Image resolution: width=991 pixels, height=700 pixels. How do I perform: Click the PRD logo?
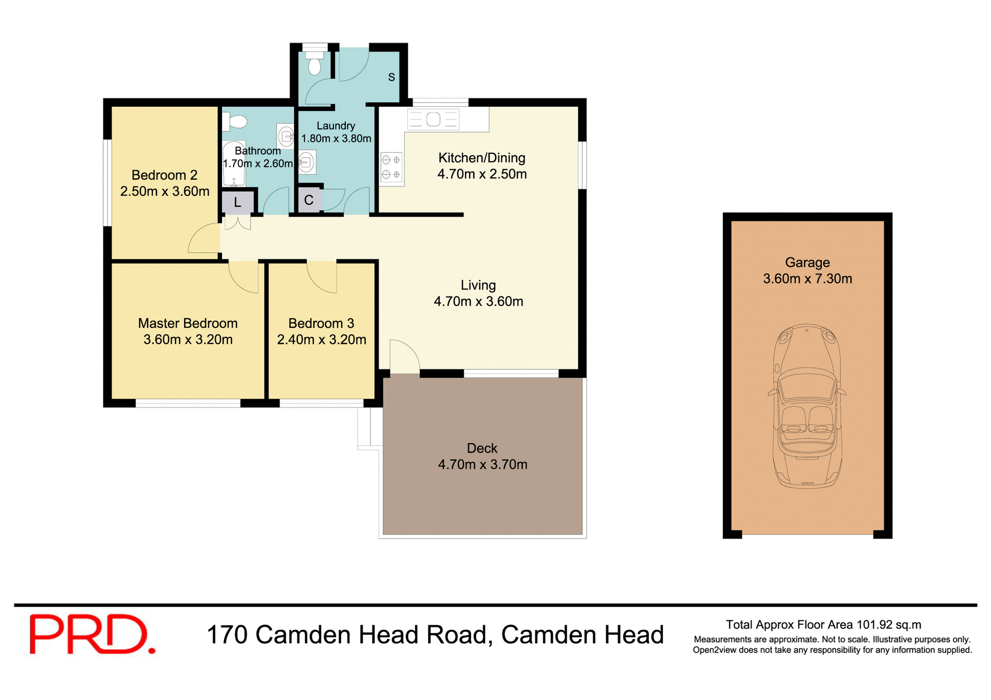click(x=92, y=634)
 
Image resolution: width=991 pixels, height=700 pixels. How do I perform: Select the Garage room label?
click(x=807, y=263)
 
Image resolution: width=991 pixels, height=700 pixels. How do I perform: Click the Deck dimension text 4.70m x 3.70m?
click(x=483, y=465)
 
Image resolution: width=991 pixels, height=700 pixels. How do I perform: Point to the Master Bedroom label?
click(x=188, y=323)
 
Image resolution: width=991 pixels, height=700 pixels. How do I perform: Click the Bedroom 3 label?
click(x=321, y=323)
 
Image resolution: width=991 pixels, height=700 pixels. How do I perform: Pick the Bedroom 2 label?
click(x=164, y=175)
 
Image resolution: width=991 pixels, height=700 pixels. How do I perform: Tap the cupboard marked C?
click(x=309, y=201)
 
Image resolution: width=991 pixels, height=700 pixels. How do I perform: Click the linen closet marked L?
click(x=237, y=202)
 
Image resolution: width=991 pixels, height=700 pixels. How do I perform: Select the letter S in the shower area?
click(x=391, y=77)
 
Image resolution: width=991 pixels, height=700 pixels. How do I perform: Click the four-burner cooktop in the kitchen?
click(x=391, y=168)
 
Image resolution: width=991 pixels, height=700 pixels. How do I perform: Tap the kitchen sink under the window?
click(x=433, y=120)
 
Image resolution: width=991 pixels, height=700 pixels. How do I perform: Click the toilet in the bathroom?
click(x=235, y=122)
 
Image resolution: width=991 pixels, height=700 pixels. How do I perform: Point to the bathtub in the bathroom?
click(x=233, y=164)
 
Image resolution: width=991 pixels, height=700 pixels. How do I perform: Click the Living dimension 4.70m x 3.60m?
click(x=478, y=302)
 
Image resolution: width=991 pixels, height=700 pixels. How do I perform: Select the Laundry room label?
click(x=335, y=126)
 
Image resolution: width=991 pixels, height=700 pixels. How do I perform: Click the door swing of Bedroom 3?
click(x=322, y=277)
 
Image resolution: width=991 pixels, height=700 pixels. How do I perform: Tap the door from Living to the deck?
click(x=404, y=356)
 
